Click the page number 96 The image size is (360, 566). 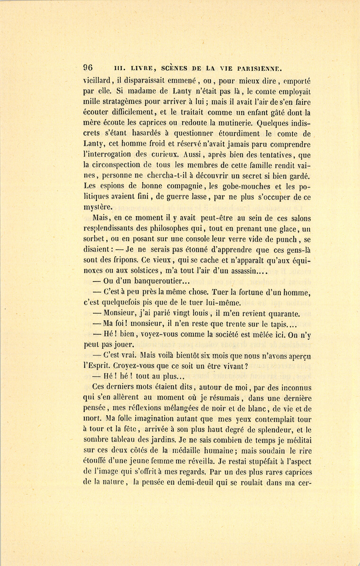[88, 68]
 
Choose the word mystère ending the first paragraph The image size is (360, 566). [98, 207]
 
